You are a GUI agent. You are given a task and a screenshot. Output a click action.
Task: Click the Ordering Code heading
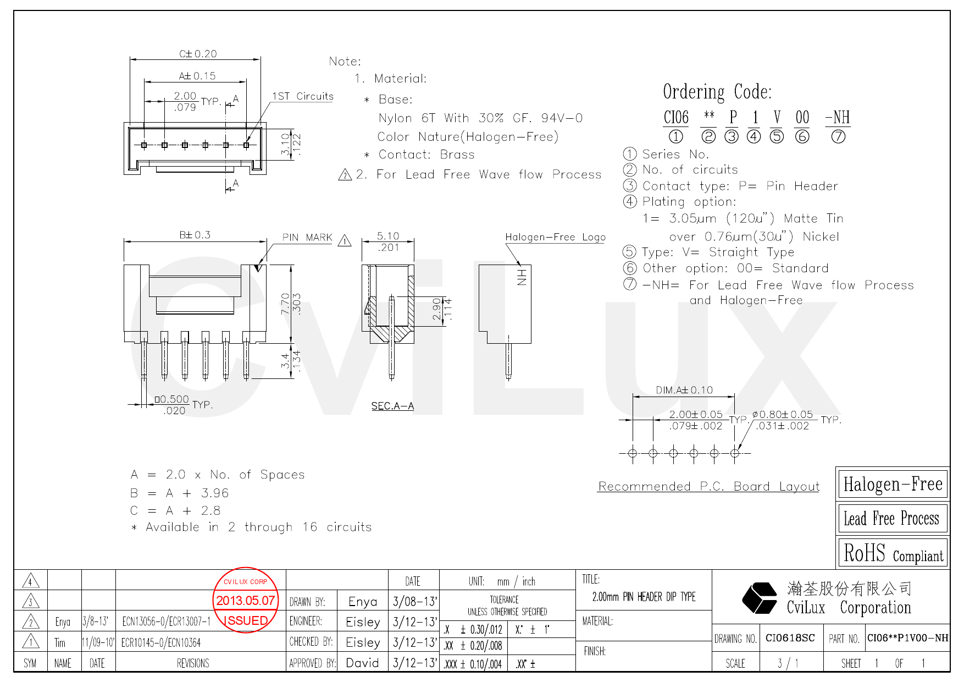(x=717, y=92)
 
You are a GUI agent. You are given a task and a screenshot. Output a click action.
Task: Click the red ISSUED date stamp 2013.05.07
(x=245, y=600)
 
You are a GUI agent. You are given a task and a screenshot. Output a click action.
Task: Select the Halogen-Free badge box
(x=893, y=484)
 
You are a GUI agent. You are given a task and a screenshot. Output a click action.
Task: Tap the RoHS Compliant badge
(x=893, y=553)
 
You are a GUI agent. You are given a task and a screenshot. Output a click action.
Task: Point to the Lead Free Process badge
(x=893, y=519)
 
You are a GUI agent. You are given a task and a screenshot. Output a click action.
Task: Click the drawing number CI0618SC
(x=790, y=638)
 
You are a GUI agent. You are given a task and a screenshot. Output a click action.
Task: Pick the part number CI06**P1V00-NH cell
(x=907, y=638)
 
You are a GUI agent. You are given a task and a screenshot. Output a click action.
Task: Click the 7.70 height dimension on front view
(x=285, y=304)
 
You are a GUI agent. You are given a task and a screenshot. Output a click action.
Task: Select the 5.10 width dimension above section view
(x=387, y=236)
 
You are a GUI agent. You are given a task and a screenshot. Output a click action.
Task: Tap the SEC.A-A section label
(x=392, y=406)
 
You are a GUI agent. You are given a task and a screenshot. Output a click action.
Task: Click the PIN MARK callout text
(x=307, y=238)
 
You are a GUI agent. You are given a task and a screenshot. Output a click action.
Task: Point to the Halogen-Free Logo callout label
(x=555, y=237)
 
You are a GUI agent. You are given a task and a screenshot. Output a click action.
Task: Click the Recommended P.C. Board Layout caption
(x=708, y=486)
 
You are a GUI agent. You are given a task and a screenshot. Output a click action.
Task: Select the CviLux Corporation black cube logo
(x=759, y=598)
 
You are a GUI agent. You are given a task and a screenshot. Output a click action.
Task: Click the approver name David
(x=362, y=663)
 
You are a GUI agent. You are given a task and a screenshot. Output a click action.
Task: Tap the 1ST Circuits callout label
(x=302, y=96)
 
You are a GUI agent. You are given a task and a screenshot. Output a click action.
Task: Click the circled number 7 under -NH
(x=838, y=136)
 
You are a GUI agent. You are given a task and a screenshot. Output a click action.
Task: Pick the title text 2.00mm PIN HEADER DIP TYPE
(x=644, y=597)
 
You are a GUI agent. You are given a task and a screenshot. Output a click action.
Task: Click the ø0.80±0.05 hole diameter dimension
(x=782, y=414)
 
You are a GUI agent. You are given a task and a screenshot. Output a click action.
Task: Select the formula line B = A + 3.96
(x=179, y=493)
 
